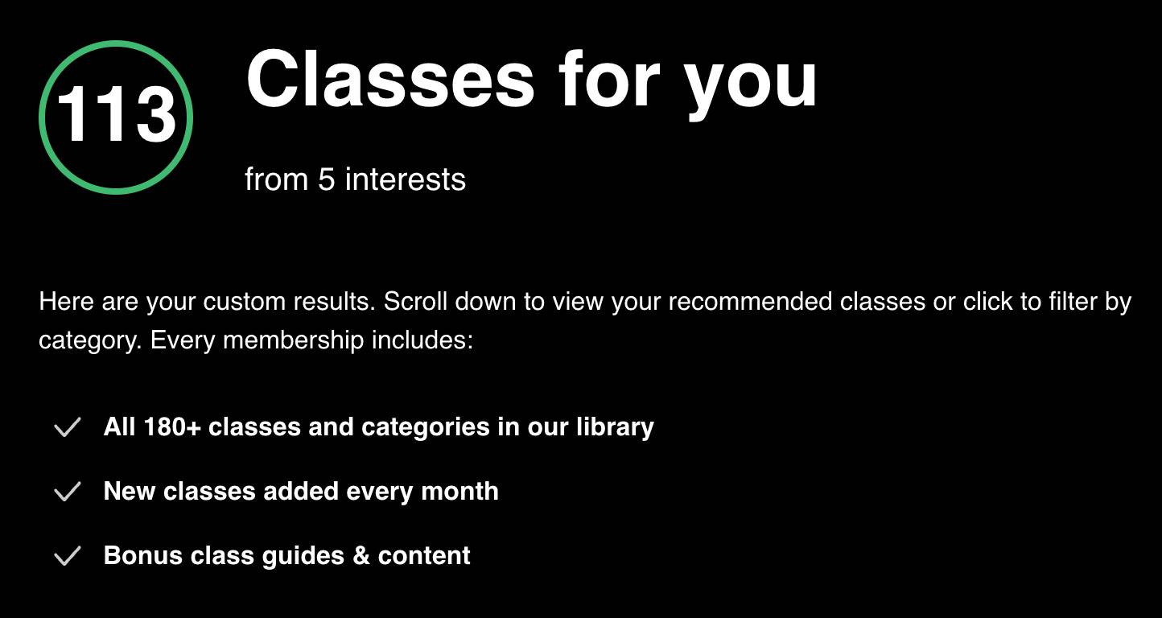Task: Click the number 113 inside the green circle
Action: pyautogui.click(x=116, y=114)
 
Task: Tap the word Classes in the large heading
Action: pyautogui.click(x=390, y=80)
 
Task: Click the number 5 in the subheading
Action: pyautogui.click(x=326, y=179)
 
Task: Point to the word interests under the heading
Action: pyautogui.click(x=405, y=179)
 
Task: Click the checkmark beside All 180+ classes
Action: pyautogui.click(x=68, y=427)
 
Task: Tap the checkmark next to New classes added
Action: pyautogui.click(x=68, y=492)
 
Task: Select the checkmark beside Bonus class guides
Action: pyautogui.click(x=68, y=556)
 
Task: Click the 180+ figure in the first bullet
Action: pyautogui.click(x=172, y=427)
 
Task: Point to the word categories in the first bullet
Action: pyautogui.click(x=426, y=428)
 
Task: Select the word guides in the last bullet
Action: pyautogui.click(x=303, y=557)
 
